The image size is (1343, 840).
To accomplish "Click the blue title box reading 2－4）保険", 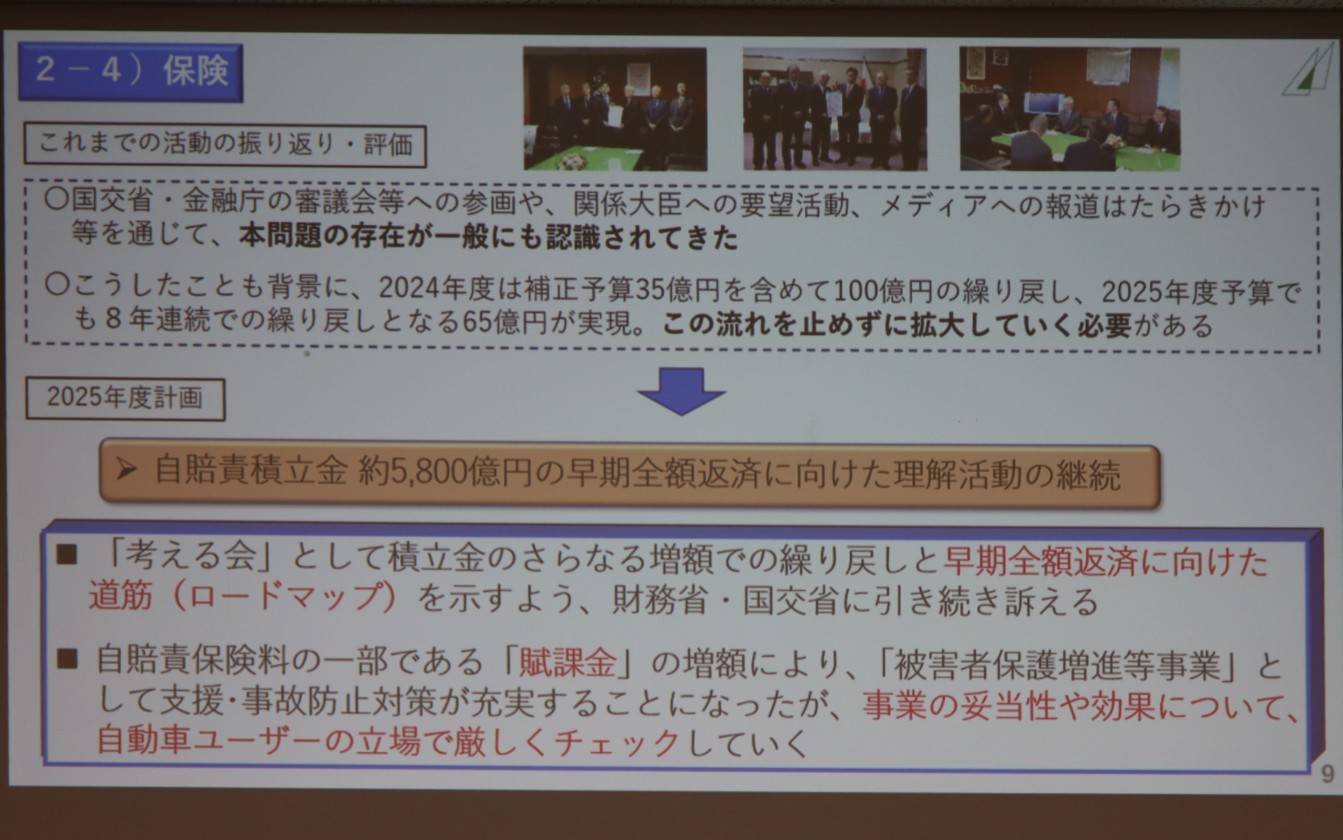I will tap(131, 72).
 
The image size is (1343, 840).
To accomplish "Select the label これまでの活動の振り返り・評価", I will tap(225, 146).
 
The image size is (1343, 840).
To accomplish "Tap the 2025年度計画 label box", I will tap(125, 399).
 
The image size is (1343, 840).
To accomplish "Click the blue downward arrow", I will tap(681, 391).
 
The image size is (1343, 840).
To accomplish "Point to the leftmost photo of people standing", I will tap(615, 108).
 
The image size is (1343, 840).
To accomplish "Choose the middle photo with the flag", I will tap(834, 108).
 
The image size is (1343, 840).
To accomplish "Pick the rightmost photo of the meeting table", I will tap(1070, 108).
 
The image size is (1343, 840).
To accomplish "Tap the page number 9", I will tap(1327, 773).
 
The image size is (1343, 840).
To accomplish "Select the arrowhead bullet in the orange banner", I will tap(127, 470).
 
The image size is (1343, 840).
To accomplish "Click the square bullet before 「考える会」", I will tap(67, 555).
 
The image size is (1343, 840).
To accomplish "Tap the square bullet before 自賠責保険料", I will tap(67, 659).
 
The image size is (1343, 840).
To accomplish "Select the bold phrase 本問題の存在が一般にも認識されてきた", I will tap(488, 238).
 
